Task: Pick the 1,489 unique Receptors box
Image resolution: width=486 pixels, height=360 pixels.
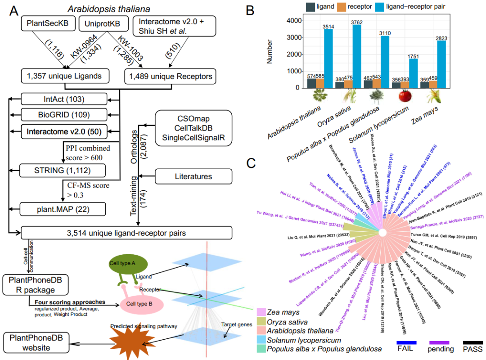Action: click(x=169, y=76)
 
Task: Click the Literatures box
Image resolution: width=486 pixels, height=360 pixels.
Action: click(x=193, y=176)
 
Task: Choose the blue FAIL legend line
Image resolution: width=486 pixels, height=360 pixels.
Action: click(x=406, y=343)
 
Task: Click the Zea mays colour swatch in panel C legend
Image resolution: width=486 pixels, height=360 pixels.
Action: click(x=260, y=311)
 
